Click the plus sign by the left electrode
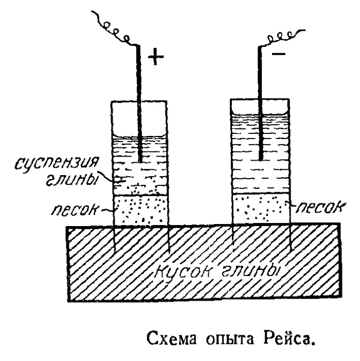pos(156,57)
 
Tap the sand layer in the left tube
pos(140,210)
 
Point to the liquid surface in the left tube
pos(140,138)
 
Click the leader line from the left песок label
pos(108,210)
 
